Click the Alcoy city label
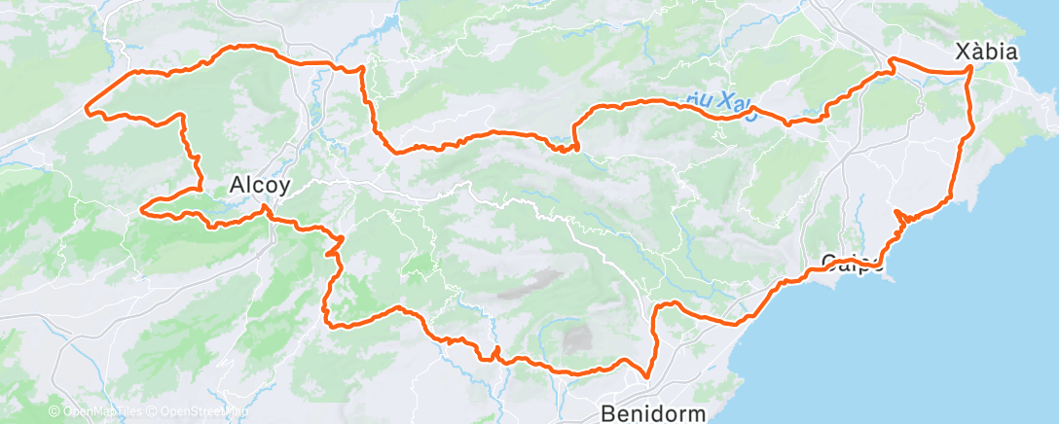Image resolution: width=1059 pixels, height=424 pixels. coord(259,185)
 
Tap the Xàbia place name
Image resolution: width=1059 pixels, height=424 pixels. coord(987,53)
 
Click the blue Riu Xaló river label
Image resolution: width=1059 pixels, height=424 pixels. coord(721,101)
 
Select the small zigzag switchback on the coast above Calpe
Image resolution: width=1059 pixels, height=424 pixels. coord(901,217)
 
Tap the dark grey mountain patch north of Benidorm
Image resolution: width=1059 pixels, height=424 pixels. coord(576,337)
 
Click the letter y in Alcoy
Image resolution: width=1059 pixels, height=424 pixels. coord(284,187)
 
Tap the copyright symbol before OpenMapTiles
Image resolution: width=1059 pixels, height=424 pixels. coord(55,412)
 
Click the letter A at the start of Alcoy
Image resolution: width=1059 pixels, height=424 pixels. coord(237,185)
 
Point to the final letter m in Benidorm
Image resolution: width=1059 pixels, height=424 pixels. coord(696,412)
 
